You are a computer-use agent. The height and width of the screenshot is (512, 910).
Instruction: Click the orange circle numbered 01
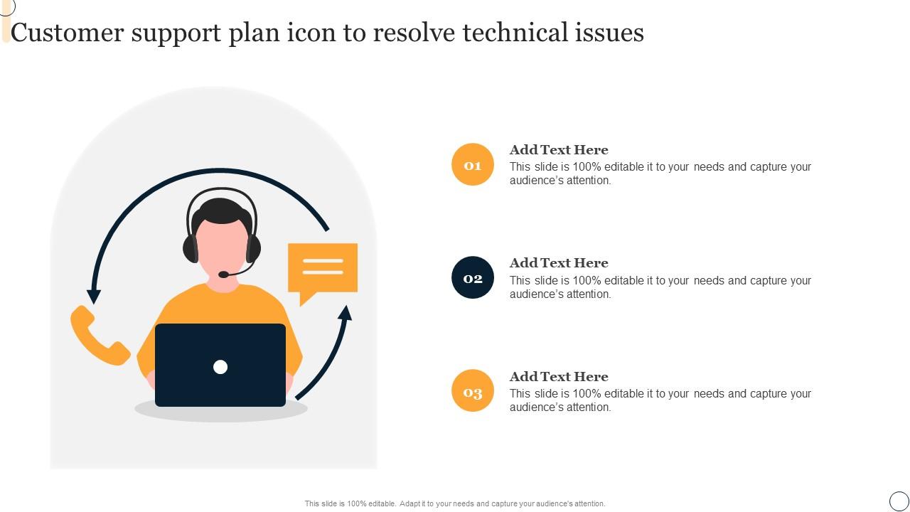pos(473,164)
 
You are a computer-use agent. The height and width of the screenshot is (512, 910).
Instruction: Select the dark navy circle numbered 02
pos(473,277)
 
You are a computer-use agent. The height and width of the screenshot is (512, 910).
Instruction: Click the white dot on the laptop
pos(220,367)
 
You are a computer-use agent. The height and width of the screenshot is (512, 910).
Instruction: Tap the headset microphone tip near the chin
pos(223,274)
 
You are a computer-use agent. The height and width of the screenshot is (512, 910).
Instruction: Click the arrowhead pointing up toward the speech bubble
pos(345,313)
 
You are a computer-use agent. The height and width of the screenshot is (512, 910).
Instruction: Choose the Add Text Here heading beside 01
pos(559,150)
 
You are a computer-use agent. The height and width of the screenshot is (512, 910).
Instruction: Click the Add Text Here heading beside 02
pos(559,263)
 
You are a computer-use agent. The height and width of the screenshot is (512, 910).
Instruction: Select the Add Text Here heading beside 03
pos(559,377)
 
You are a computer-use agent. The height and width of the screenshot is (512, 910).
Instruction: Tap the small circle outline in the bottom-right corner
pos(899,501)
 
